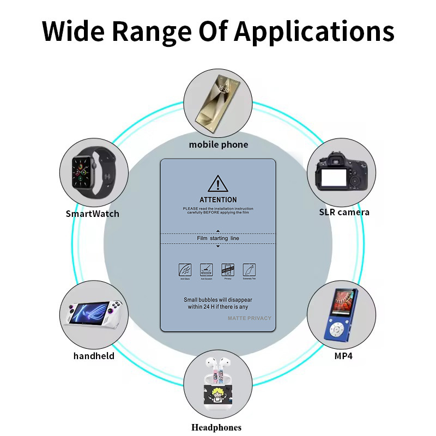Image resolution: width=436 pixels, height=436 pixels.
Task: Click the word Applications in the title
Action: tap(314, 32)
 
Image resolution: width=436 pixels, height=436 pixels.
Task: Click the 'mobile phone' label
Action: tap(218, 144)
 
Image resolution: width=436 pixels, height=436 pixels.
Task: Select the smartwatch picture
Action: tap(93, 171)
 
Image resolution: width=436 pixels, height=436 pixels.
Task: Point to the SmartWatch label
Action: tap(93, 214)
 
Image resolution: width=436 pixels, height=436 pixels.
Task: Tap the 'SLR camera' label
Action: tap(344, 212)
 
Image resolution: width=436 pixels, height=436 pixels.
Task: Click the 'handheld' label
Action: tap(94, 356)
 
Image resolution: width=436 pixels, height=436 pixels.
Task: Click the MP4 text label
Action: tap(343, 356)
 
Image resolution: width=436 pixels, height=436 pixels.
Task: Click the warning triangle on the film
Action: tap(218, 183)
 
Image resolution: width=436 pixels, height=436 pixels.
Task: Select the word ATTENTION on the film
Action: tap(218, 199)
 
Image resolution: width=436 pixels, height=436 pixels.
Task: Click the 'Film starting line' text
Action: tap(218, 238)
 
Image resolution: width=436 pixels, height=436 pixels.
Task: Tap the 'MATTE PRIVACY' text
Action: tap(249, 318)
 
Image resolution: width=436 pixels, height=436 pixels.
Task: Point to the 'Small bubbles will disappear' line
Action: tap(218, 300)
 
